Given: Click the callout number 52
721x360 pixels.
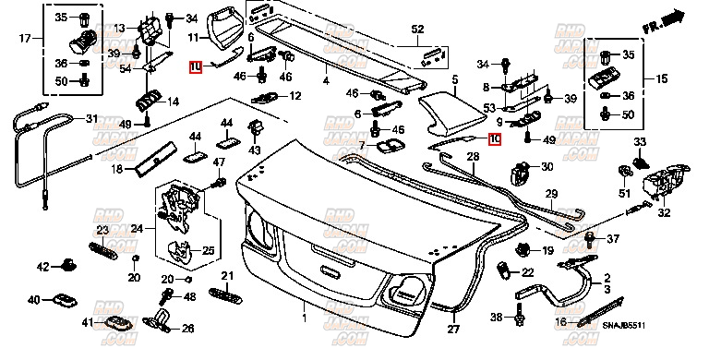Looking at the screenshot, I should (417, 30).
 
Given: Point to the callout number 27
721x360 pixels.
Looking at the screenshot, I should (453, 329).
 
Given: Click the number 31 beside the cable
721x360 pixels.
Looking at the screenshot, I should (90, 118).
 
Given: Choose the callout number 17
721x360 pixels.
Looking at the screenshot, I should (26, 38).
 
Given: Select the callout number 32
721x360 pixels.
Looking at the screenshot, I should (663, 212).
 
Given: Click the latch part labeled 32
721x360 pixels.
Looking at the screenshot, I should (662, 182).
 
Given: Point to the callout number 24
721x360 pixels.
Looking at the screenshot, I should (137, 228).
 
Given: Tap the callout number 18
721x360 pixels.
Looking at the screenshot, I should (117, 169).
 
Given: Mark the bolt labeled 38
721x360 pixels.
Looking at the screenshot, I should (518, 318).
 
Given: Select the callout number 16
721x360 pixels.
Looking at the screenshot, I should (561, 321).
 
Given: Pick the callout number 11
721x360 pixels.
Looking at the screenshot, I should (193, 38).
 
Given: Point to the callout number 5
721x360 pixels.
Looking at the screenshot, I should (454, 81).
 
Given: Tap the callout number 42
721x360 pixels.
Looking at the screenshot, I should (42, 267).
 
